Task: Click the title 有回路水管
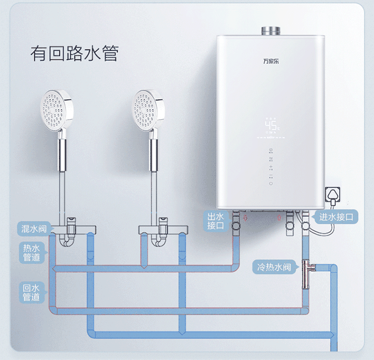tap(74, 53)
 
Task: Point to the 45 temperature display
tap(271, 125)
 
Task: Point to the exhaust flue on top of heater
tap(271, 30)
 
